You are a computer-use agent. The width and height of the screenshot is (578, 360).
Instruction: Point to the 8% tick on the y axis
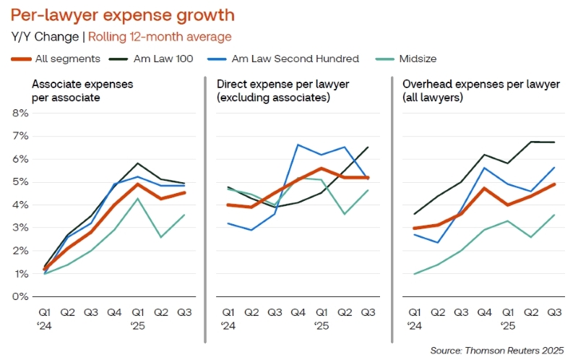click(x=20, y=113)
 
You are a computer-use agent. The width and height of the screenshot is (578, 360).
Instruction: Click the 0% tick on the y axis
click(x=20, y=296)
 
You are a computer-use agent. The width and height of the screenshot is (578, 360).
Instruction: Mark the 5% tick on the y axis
click(x=20, y=182)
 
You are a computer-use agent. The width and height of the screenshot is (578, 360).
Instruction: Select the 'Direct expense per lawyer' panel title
click(x=273, y=90)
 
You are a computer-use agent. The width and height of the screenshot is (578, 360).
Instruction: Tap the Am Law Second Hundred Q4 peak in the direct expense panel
click(x=298, y=145)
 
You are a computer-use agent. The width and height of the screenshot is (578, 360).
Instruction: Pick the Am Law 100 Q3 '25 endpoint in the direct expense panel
click(x=368, y=147)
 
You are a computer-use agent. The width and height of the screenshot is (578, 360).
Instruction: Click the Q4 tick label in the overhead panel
click(x=484, y=312)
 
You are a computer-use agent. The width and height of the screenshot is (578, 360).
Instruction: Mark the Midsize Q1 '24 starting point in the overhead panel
click(x=415, y=273)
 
